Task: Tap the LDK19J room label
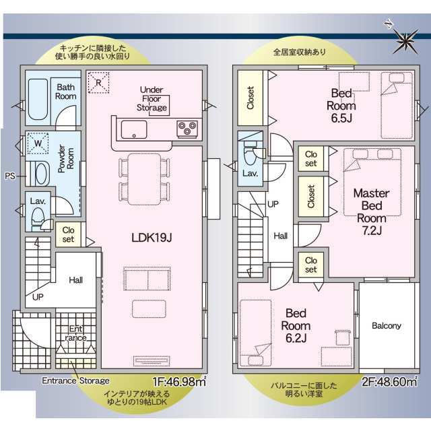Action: coord(152,238)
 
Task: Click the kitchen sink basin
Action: coord(134,129)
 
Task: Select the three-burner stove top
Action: coord(187,129)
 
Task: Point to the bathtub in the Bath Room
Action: coord(38,100)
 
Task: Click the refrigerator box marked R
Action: coord(98,82)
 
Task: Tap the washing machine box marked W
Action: coord(38,143)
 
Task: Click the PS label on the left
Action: coord(10,176)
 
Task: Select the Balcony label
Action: coord(386,326)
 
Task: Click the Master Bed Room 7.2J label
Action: coord(371,211)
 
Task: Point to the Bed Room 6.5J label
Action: coord(341,106)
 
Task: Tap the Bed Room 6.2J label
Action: coord(296,326)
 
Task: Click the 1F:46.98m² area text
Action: coord(180,382)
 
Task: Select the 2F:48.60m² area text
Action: coord(389,382)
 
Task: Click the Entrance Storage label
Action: coord(75,380)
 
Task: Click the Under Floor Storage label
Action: coord(152,98)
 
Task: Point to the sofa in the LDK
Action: coord(147,278)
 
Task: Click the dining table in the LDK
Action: coord(144,179)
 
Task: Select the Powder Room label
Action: coord(66,159)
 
